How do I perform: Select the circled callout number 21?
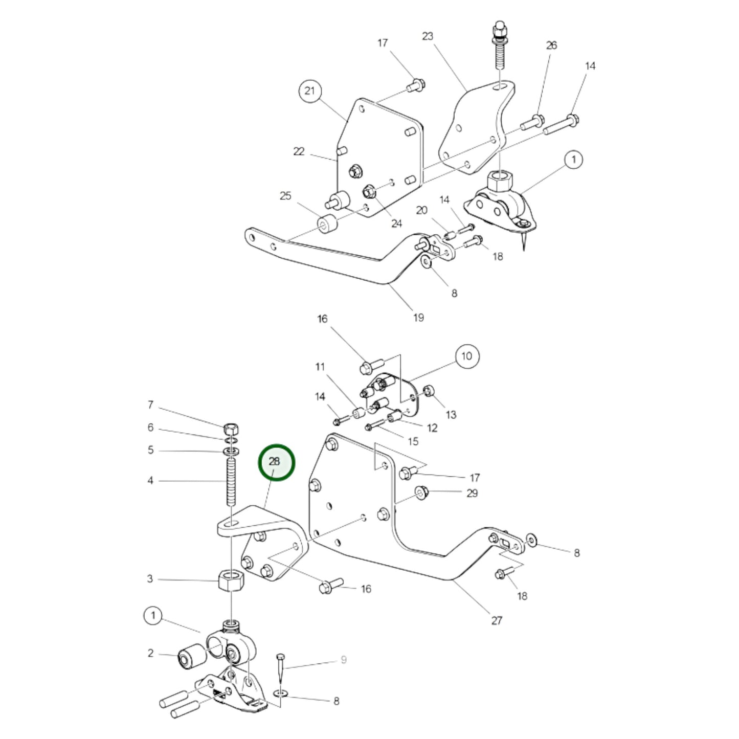310,92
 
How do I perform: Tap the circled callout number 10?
467,356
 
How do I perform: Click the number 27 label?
497,620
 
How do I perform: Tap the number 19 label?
418,318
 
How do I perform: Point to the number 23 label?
428,36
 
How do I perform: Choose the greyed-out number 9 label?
344,660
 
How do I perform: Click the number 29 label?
472,493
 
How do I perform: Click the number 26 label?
551,45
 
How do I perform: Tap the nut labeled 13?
429,391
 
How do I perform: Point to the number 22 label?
299,151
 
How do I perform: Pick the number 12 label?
432,428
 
